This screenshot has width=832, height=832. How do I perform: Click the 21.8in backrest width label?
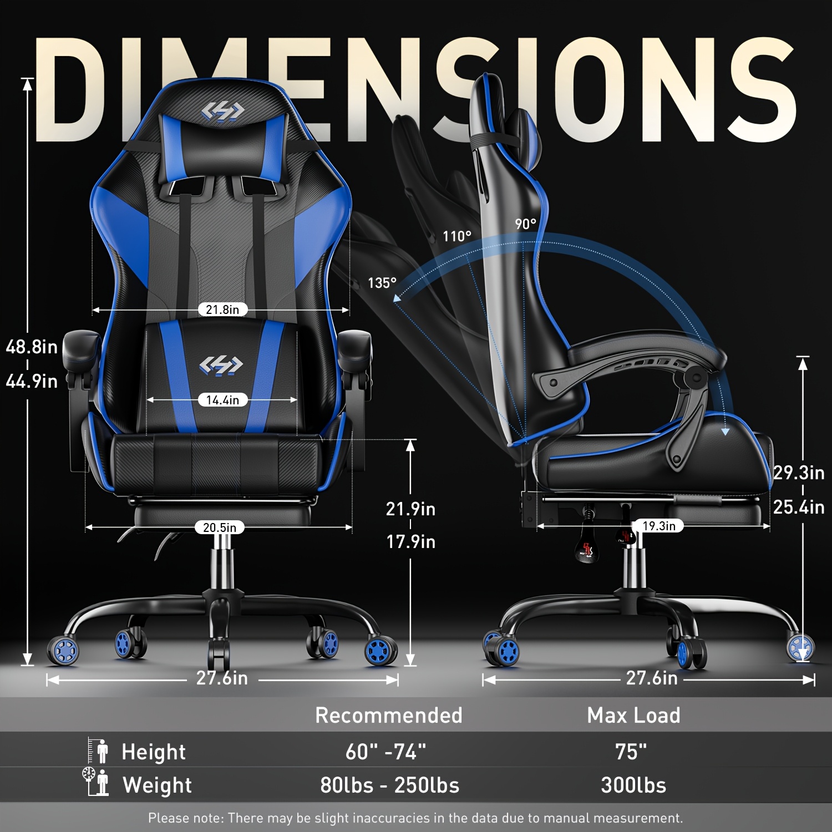click(222, 310)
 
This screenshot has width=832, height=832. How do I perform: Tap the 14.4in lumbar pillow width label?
click(222, 400)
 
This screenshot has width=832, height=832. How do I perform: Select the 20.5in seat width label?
click(220, 527)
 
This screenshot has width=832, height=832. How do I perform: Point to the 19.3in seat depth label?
click(659, 526)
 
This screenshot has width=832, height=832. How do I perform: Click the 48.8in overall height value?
click(32, 347)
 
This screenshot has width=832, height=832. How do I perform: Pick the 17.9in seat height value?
click(410, 542)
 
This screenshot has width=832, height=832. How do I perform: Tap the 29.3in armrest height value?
click(799, 473)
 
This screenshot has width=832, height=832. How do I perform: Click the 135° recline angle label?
click(382, 283)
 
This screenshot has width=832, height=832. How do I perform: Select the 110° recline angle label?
click(457, 236)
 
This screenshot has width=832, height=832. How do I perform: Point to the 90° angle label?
click(525, 224)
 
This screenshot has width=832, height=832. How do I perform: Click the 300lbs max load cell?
click(633, 785)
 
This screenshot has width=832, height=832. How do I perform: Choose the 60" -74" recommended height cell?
click(386, 752)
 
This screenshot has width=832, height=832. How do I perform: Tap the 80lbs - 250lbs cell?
click(389, 785)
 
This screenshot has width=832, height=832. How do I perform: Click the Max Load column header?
click(633, 716)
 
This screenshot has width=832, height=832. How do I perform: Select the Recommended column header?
click(388, 716)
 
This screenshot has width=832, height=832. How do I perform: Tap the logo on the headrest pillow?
click(222, 111)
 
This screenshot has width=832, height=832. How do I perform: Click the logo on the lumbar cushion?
click(221, 365)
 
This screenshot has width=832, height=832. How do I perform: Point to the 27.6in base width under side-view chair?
click(652, 678)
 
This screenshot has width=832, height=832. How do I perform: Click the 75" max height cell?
click(631, 752)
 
